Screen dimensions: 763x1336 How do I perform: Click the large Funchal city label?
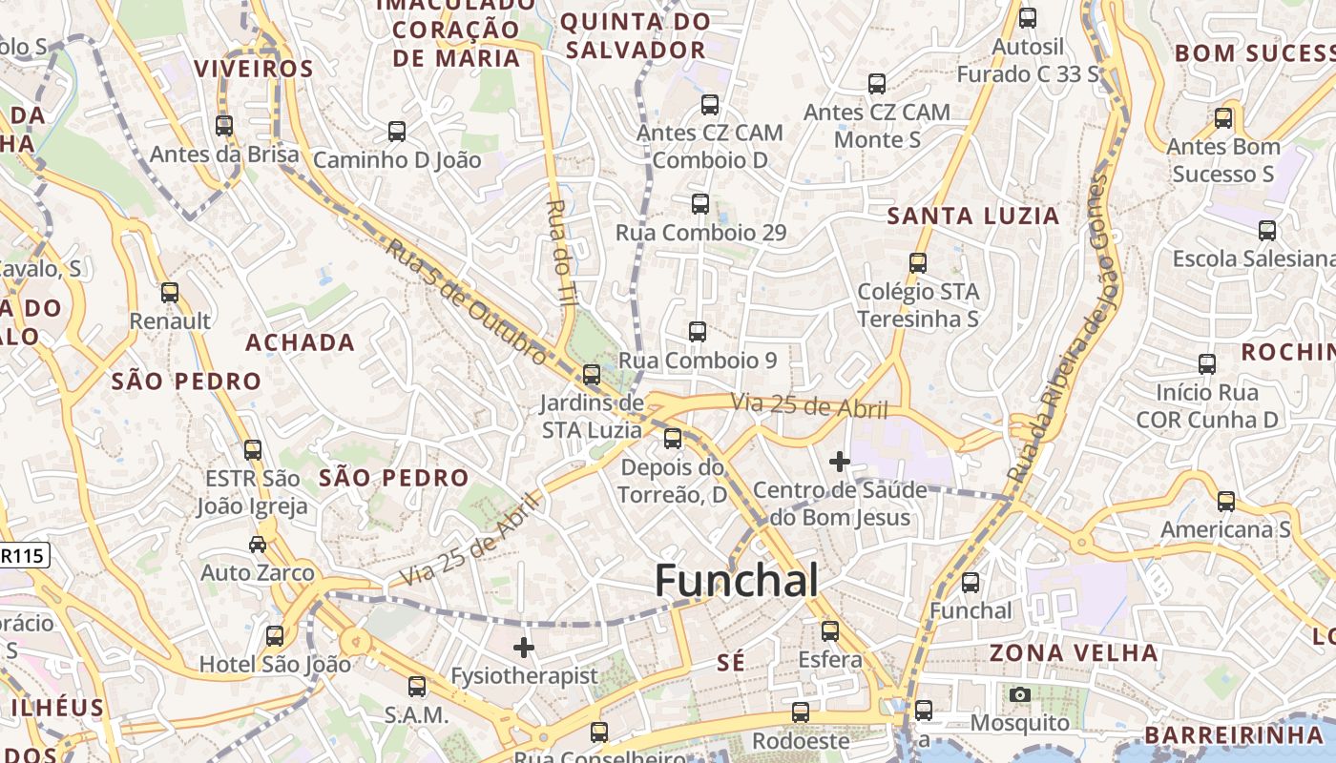tap(737, 580)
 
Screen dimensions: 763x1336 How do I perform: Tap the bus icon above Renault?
tap(170, 293)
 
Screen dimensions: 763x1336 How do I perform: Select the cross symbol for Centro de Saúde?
tap(840, 463)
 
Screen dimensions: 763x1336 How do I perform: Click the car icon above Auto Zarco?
tap(258, 545)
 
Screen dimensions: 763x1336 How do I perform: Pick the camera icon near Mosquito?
tap(1020, 694)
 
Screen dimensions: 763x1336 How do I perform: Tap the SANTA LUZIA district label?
tap(973, 217)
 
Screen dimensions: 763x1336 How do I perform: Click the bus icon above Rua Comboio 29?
tap(700, 204)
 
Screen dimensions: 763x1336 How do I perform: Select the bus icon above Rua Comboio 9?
tap(698, 332)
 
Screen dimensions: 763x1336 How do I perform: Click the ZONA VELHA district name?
tap(1074, 653)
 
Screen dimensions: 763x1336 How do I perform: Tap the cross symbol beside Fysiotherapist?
tap(523, 649)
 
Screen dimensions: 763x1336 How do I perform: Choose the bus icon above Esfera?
tap(830, 631)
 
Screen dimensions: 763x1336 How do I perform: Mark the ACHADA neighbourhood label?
tap(300, 343)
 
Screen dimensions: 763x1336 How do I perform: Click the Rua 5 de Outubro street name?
tap(467, 302)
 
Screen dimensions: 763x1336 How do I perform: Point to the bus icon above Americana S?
tap(1226, 502)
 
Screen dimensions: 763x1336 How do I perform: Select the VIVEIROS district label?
tap(254, 70)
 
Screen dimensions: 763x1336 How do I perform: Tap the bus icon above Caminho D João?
tap(397, 132)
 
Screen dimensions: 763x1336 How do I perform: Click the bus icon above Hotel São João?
tap(275, 635)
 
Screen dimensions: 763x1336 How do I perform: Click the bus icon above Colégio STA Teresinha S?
tap(918, 262)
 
